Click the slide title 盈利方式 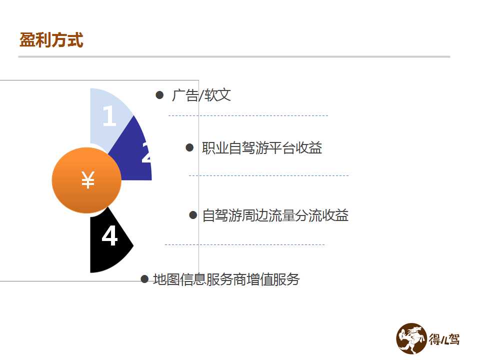click(x=51, y=40)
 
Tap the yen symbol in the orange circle click(x=88, y=180)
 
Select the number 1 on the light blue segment click(x=109, y=115)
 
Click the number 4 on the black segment click(x=109, y=235)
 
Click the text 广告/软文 click(x=201, y=95)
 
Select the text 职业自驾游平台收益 click(x=261, y=148)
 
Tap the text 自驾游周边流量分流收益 click(x=275, y=215)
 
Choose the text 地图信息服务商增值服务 click(x=226, y=279)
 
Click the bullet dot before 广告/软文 click(x=159, y=95)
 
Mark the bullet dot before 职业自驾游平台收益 click(x=189, y=148)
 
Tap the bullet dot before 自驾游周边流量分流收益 click(x=193, y=215)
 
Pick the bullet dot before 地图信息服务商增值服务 click(x=144, y=279)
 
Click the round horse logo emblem click(x=411, y=338)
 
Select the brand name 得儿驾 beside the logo click(x=444, y=339)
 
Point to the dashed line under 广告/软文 click(x=248, y=115)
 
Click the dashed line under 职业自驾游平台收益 click(x=269, y=175)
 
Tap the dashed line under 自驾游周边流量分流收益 click(x=244, y=244)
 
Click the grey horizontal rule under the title click(x=234, y=56)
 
